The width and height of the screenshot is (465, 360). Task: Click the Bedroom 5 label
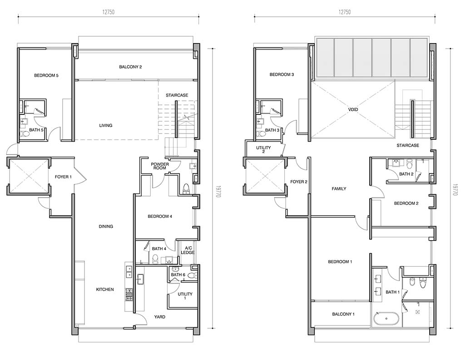[46, 75]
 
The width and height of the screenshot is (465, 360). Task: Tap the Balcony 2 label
[130, 67]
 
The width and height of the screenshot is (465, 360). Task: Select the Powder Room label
[160, 166]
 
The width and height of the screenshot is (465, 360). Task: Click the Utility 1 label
[185, 296]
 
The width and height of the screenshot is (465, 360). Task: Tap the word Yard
[160, 317]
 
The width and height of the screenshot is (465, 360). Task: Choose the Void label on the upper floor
[353, 109]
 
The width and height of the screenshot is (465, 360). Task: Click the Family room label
[339, 188]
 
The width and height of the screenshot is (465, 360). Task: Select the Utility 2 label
[264, 149]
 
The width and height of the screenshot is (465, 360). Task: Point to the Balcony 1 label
[343, 314]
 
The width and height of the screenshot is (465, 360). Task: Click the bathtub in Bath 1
[386, 319]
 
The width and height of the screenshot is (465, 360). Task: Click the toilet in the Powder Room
[186, 188]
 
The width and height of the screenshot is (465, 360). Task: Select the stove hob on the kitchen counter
[129, 295]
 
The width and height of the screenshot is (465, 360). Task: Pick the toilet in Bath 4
[155, 260]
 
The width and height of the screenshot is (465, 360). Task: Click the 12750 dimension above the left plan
[108, 12]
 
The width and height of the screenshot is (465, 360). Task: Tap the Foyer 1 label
[64, 177]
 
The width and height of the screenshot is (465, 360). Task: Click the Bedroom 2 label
[406, 203]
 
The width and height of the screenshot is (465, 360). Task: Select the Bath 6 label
[178, 275]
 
